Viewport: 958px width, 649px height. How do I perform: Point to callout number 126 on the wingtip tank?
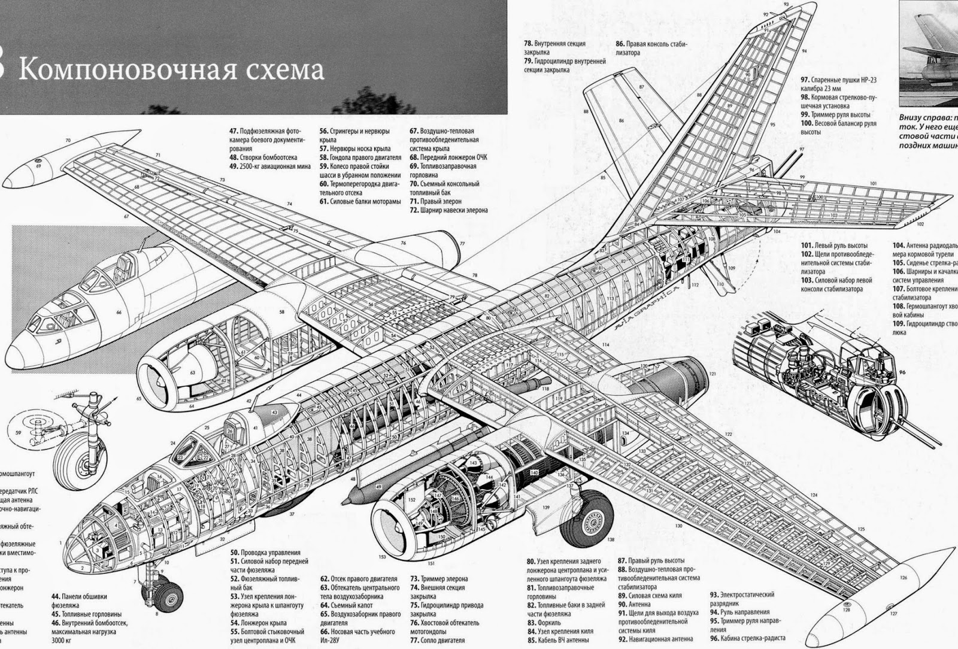click(904, 578)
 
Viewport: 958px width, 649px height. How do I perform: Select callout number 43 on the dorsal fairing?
click(274, 413)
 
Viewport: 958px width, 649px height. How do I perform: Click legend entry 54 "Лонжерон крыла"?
click(258, 623)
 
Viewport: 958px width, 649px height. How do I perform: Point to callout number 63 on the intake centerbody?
click(193, 372)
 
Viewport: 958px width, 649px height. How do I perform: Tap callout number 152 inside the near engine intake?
click(412, 499)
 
